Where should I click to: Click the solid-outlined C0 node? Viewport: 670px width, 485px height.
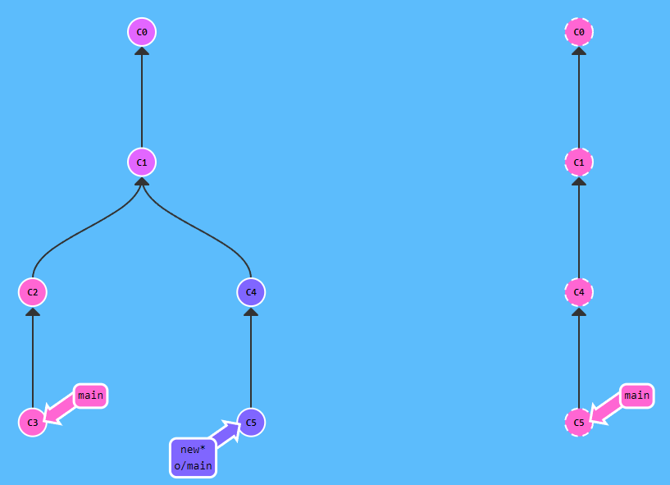point(142,32)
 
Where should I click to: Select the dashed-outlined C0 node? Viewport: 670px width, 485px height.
point(579,32)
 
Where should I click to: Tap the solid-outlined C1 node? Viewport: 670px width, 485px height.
point(142,162)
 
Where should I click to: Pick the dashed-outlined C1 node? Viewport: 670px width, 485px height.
point(579,162)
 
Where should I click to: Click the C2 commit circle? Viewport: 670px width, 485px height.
point(33,291)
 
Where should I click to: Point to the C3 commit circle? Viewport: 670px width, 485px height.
point(33,422)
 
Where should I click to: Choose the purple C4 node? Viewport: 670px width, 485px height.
point(251,291)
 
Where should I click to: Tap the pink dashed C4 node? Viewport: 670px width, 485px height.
point(579,291)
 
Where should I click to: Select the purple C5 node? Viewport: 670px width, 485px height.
point(251,422)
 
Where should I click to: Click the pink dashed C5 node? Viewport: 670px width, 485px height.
point(579,422)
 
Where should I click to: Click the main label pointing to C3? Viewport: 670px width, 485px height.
point(90,396)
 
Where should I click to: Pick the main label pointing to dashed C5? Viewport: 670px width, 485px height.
point(636,396)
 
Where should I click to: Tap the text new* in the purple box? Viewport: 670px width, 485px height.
point(193,449)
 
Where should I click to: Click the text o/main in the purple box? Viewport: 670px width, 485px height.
point(193,466)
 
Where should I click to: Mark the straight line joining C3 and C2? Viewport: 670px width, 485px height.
point(33,361)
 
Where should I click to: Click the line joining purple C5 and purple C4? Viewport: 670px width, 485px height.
point(251,361)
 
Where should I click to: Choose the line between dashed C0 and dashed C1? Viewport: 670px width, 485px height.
point(579,98)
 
